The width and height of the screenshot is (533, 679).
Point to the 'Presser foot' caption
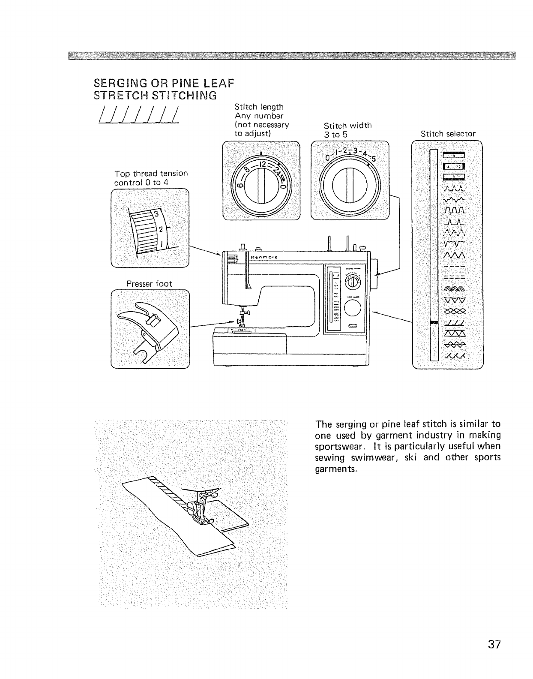[x=149, y=284]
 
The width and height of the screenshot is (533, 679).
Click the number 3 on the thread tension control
[x=156, y=213]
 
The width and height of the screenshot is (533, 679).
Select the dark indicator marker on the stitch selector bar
[x=434, y=323]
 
